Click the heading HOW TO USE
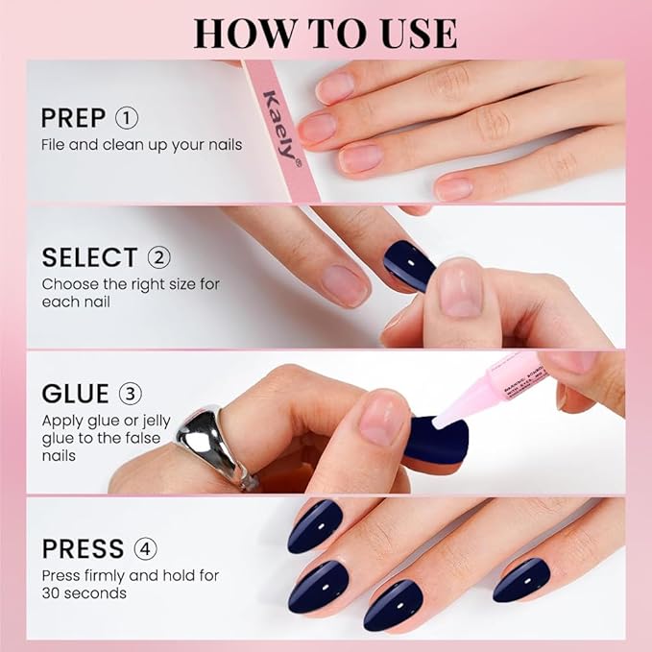[x=325, y=32]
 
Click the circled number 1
[x=127, y=118]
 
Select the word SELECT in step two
[x=89, y=257]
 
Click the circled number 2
[x=158, y=257]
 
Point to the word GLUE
[x=76, y=395]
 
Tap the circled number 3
[x=130, y=395]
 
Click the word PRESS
[x=83, y=549]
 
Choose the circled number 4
[x=146, y=549]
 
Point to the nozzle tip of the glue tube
[x=439, y=421]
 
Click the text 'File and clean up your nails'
[x=141, y=145]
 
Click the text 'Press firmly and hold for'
[x=130, y=575]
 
